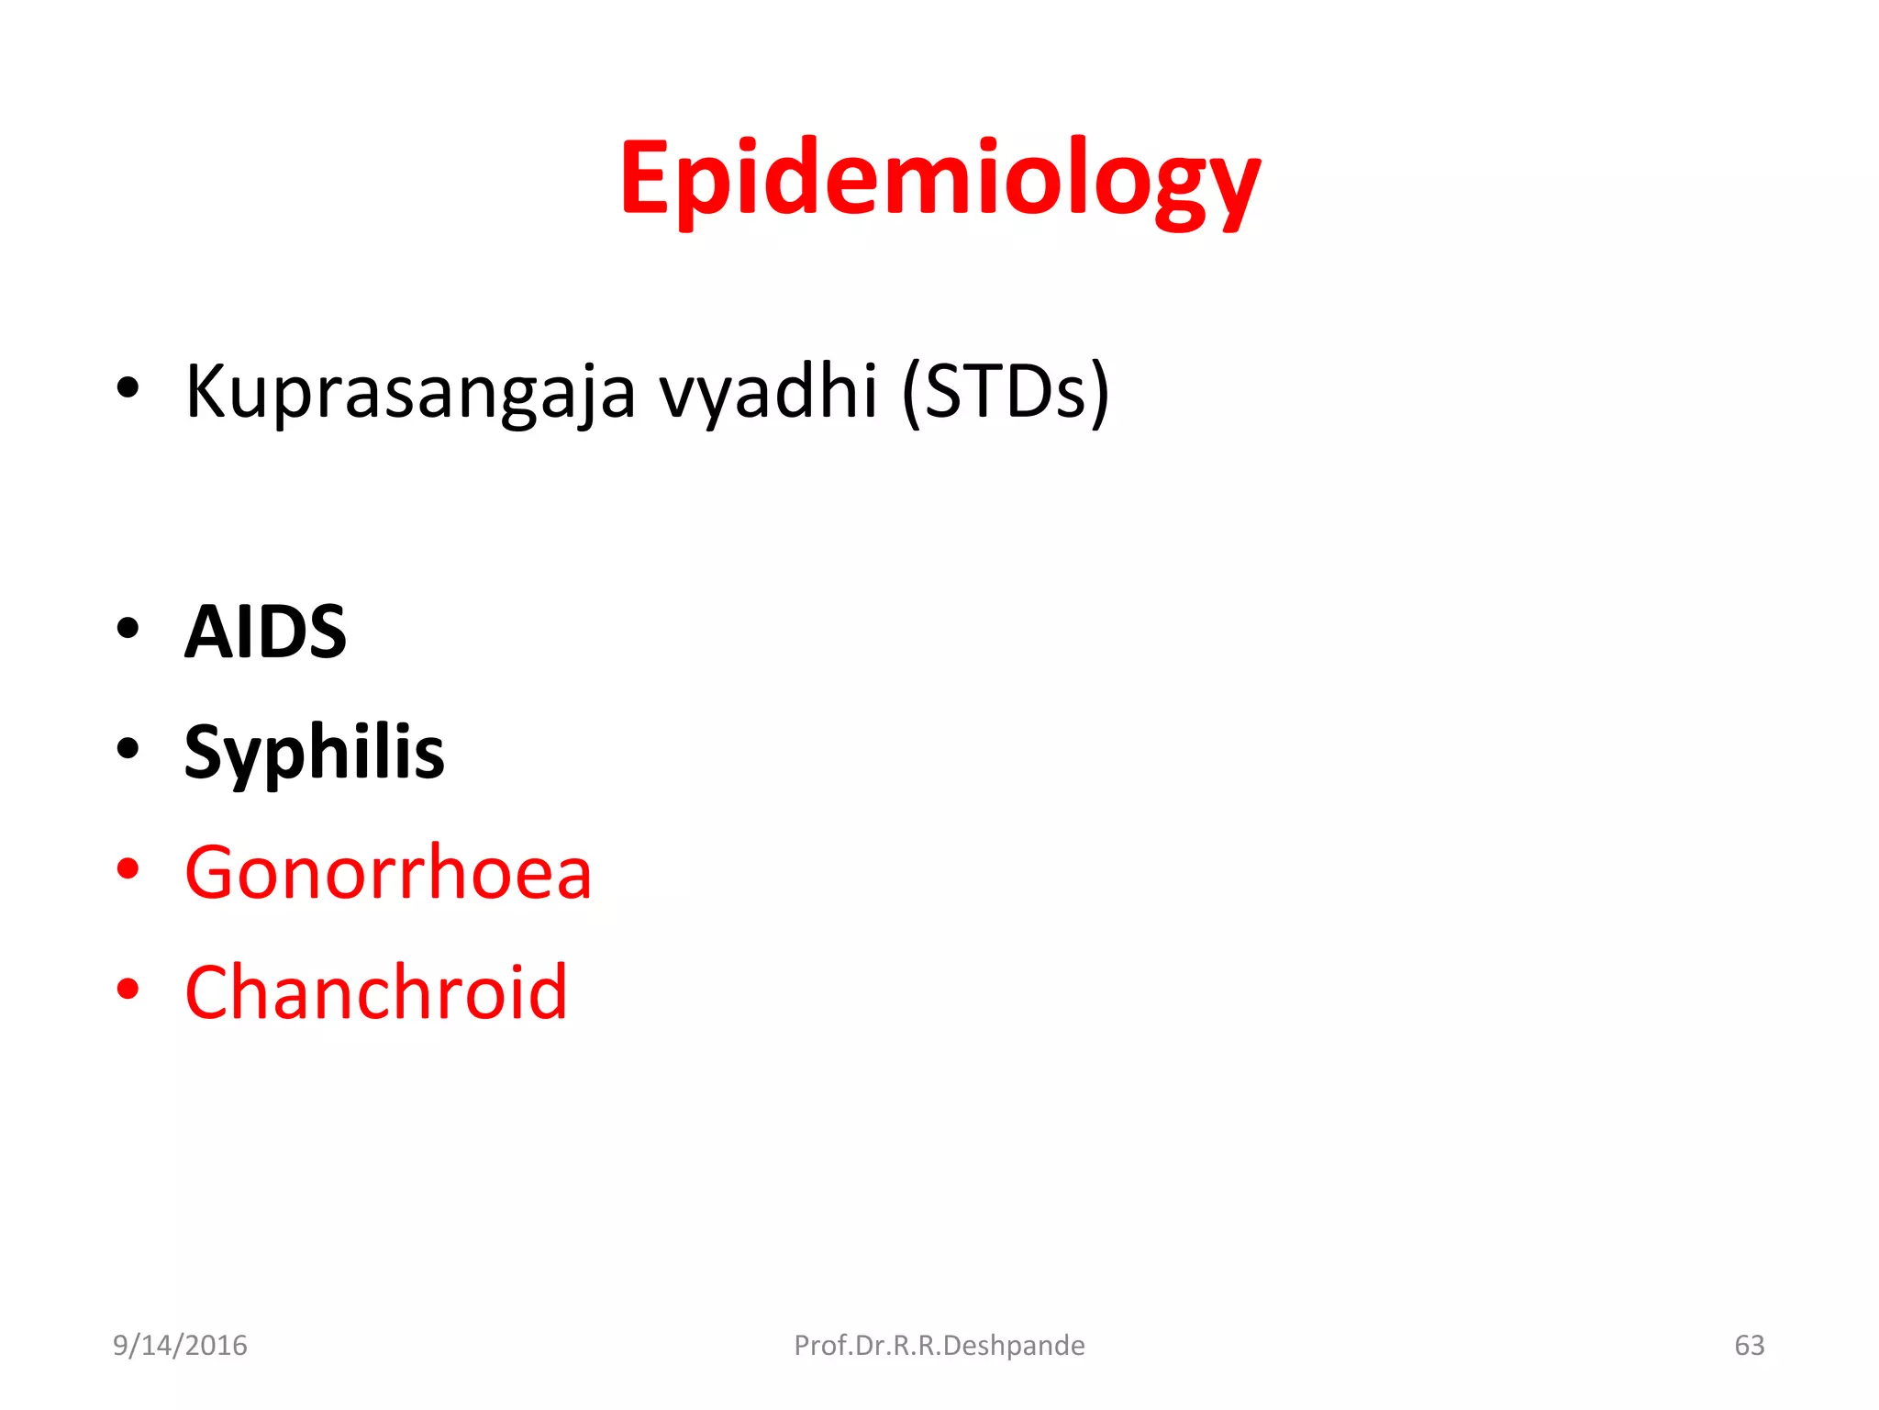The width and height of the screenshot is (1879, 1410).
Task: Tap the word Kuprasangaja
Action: coord(410,393)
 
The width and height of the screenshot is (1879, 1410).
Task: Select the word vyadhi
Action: coord(769,393)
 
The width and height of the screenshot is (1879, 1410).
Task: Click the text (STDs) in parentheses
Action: coord(1006,393)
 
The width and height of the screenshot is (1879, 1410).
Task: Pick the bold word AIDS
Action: coord(265,632)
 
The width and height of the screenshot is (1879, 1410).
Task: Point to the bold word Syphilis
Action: coord(314,753)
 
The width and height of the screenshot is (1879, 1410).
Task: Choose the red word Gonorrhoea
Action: coord(388,872)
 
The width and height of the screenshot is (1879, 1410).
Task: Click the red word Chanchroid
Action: coord(376,992)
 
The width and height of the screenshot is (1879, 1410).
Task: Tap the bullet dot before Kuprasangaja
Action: coord(128,388)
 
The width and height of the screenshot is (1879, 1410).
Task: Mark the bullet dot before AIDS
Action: coord(128,629)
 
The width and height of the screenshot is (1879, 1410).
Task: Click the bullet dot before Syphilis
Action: coord(128,748)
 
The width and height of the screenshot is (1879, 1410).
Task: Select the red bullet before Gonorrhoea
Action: coord(128,868)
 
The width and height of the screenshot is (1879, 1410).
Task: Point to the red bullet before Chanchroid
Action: coord(128,989)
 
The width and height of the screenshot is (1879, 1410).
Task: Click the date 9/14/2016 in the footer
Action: coord(180,1345)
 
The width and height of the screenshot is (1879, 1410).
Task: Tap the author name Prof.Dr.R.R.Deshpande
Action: coord(939,1345)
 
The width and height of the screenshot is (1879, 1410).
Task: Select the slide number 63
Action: coord(1749,1345)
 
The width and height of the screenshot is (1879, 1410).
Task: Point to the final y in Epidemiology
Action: coord(1233,188)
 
